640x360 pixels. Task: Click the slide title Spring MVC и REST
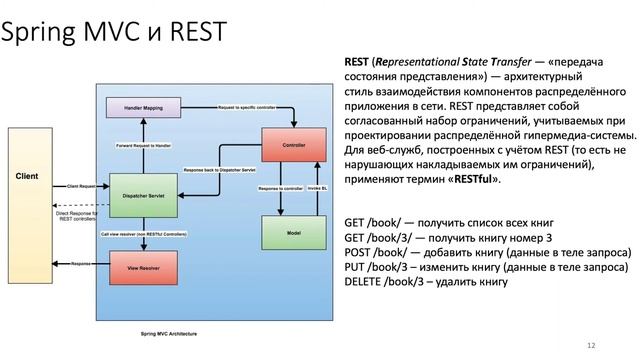(x=113, y=37)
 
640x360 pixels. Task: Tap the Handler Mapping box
(x=143, y=108)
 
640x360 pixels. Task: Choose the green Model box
(x=294, y=232)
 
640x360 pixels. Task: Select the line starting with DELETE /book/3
(x=426, y=283)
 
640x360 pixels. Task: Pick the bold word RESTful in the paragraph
(x=474, y=178)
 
